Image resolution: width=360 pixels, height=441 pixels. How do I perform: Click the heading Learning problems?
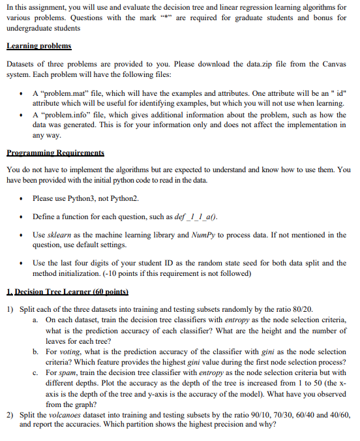point(38,47)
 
